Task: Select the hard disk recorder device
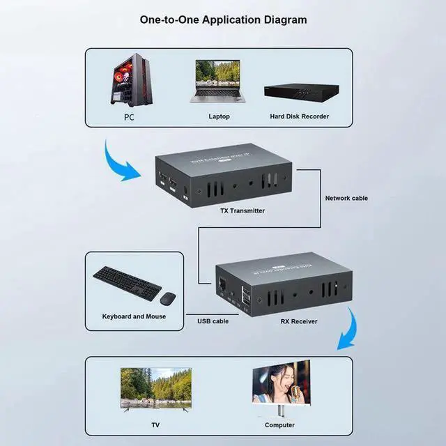point(301,91)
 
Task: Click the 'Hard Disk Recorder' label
point(299,116)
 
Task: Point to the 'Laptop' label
point(219,116)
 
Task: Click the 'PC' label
point(129,118)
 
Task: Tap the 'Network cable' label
point(346,198)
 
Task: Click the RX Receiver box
point(279,286)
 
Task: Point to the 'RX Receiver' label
point(298,321)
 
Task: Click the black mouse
point(167,298)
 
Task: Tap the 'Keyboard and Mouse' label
point(134,316)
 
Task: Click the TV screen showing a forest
point(155,387)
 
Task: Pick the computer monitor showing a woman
point(281,385)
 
